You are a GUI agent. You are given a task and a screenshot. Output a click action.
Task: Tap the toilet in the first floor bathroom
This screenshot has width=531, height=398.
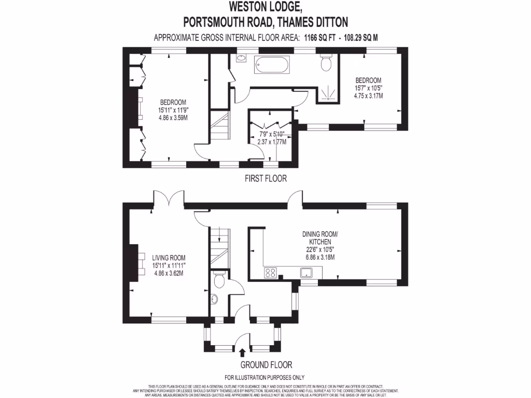click(x=326, y=63)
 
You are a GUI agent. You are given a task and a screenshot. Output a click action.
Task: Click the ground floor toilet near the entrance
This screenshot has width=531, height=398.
click(x=219, y=280)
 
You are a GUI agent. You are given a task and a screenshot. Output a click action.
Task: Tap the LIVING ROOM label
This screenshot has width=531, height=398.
click(x=169, y=258)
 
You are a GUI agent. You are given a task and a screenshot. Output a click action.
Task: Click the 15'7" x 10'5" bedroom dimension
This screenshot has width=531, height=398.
click(x=368, y=88)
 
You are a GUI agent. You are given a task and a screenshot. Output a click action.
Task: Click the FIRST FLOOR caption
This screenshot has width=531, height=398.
click(x=265, y=178)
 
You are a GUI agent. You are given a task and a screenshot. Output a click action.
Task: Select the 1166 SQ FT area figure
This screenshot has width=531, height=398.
click(x=317, y=38)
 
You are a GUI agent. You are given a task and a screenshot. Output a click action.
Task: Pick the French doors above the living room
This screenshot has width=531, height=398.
click(x=169, y=198)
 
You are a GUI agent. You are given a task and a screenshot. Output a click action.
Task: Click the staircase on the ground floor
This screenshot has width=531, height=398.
click(x=219, y=246)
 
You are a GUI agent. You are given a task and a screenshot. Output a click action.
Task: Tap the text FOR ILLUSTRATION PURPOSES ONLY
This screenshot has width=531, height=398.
click(x=264, y=377)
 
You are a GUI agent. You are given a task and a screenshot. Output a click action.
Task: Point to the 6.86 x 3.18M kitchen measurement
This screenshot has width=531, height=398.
click(x=320, y=257)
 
